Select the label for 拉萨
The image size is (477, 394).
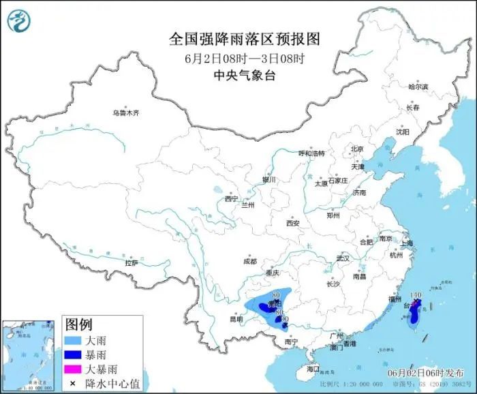(131, 262)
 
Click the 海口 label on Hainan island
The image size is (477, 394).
(313, 368)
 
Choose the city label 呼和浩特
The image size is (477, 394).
(312, 153)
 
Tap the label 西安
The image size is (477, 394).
(293, 223)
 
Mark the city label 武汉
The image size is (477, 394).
(342, 258)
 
